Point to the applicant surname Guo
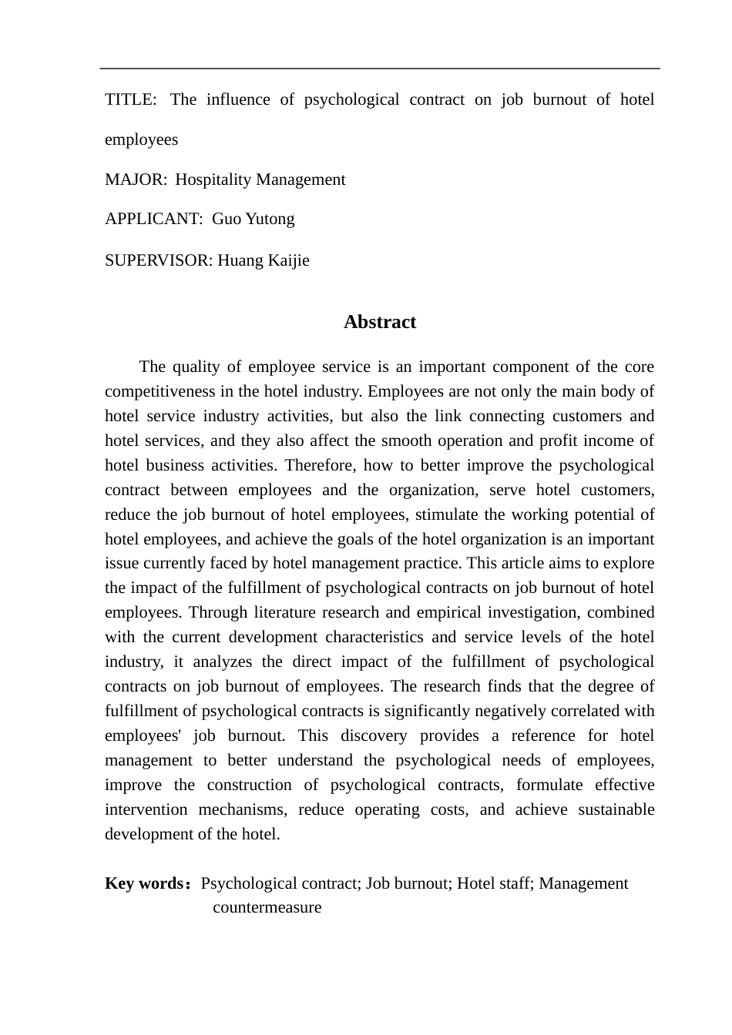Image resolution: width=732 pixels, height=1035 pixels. (227, 219)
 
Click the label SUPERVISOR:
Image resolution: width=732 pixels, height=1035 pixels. (159, 261)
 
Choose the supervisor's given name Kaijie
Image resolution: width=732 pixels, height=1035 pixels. (288, 261)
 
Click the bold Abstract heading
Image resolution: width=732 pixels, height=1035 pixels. (380, 323)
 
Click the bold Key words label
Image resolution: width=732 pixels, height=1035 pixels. (145, 884)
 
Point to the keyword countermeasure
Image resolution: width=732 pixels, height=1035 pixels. (267, 908)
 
